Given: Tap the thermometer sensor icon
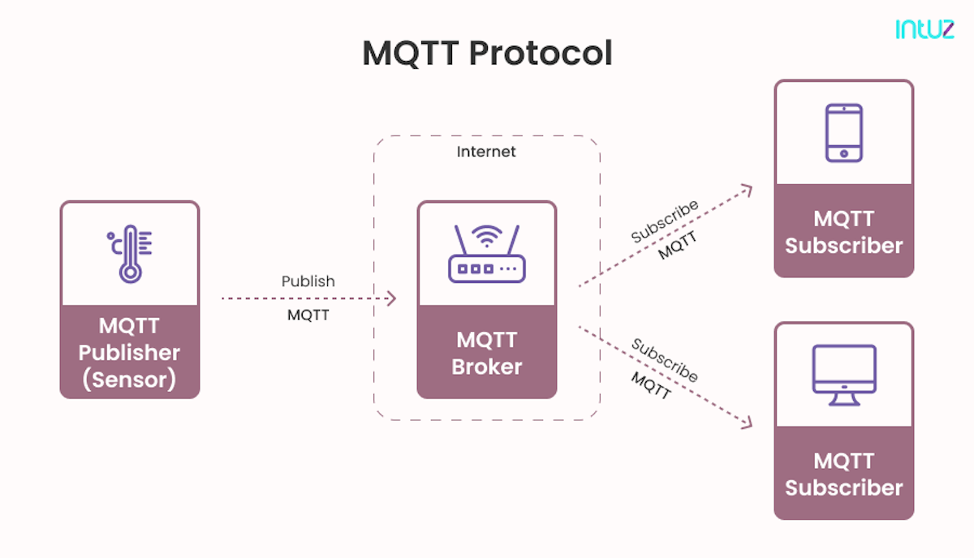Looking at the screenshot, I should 129,254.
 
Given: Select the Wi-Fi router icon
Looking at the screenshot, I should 486,254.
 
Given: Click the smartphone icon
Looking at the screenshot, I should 843,132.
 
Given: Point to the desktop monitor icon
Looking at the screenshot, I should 844,376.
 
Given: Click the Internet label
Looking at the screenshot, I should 486,152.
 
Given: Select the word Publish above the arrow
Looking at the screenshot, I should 308,281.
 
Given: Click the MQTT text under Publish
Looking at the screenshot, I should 308,315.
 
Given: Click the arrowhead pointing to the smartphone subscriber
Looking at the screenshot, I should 747,189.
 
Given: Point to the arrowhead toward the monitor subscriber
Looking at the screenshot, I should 747,423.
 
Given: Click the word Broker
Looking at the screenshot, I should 487,367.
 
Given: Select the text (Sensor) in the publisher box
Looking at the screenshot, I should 129,380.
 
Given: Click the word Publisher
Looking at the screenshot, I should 129,353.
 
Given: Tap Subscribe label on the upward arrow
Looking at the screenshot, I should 665,221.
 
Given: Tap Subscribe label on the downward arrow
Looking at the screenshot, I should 665,359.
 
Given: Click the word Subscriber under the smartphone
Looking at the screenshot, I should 844,246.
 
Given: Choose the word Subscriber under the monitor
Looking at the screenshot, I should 844,487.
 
